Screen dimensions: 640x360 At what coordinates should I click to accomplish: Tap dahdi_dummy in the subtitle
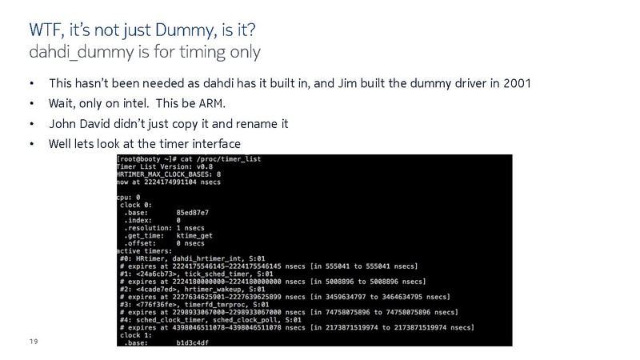click(x=82, y=53)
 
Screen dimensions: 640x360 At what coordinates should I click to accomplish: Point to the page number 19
click(x=34, y=342)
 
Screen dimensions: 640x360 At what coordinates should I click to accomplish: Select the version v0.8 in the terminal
click(x=205, y=166)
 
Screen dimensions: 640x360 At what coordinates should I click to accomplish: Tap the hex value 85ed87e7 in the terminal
click(x=192, y=213)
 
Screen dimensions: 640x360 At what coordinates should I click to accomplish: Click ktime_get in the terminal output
click(x=194, y=236)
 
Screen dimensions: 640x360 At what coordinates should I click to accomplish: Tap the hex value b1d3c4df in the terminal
click(x=192, y=343)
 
